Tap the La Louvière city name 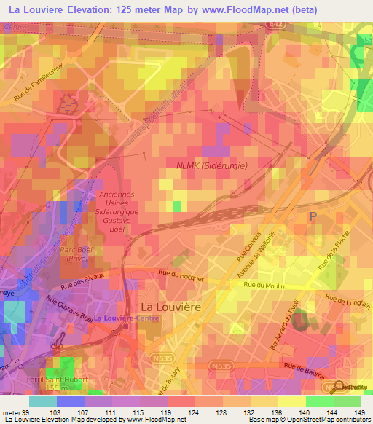click(x=170, y=307)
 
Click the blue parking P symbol click(x=314, y=216)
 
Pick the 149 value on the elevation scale click(x=358, y=412)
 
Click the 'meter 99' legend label click(x=15, y=412)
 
